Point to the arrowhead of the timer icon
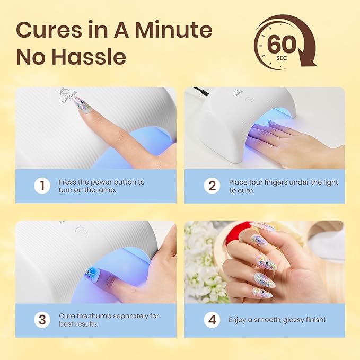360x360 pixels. (x=308, y=60)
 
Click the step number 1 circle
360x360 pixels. (x=42, y=186)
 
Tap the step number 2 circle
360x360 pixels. (x=212, y=186)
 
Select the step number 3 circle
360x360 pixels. (x=42, y=320)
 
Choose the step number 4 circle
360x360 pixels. (x=212, y=320)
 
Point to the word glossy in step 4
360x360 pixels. (x=288, y=320)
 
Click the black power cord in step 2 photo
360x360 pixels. (x=199, y=91)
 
